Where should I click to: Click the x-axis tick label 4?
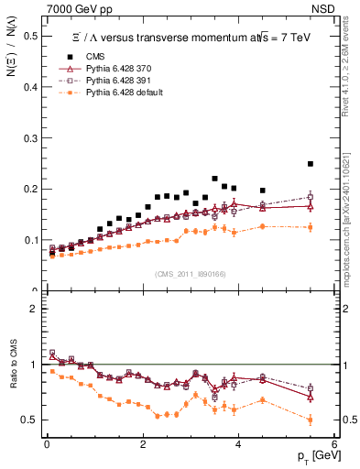point(238,446)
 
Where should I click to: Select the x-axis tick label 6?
point(334,446)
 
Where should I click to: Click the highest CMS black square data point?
point(311,164)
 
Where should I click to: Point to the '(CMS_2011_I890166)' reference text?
point(190,274)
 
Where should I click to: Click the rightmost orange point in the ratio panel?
point(311,420)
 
